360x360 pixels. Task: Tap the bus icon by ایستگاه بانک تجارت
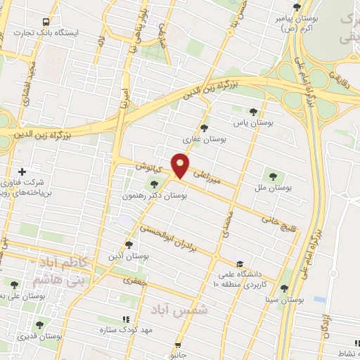click(46, 22)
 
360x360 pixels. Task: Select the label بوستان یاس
click(252, 122)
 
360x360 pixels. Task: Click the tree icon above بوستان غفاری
click(204, 128)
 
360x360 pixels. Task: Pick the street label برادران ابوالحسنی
click(176, 240)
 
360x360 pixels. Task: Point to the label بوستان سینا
click(285, 300)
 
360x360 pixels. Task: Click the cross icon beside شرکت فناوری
click(22, 172)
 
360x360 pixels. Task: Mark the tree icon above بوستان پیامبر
click(296, 8)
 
